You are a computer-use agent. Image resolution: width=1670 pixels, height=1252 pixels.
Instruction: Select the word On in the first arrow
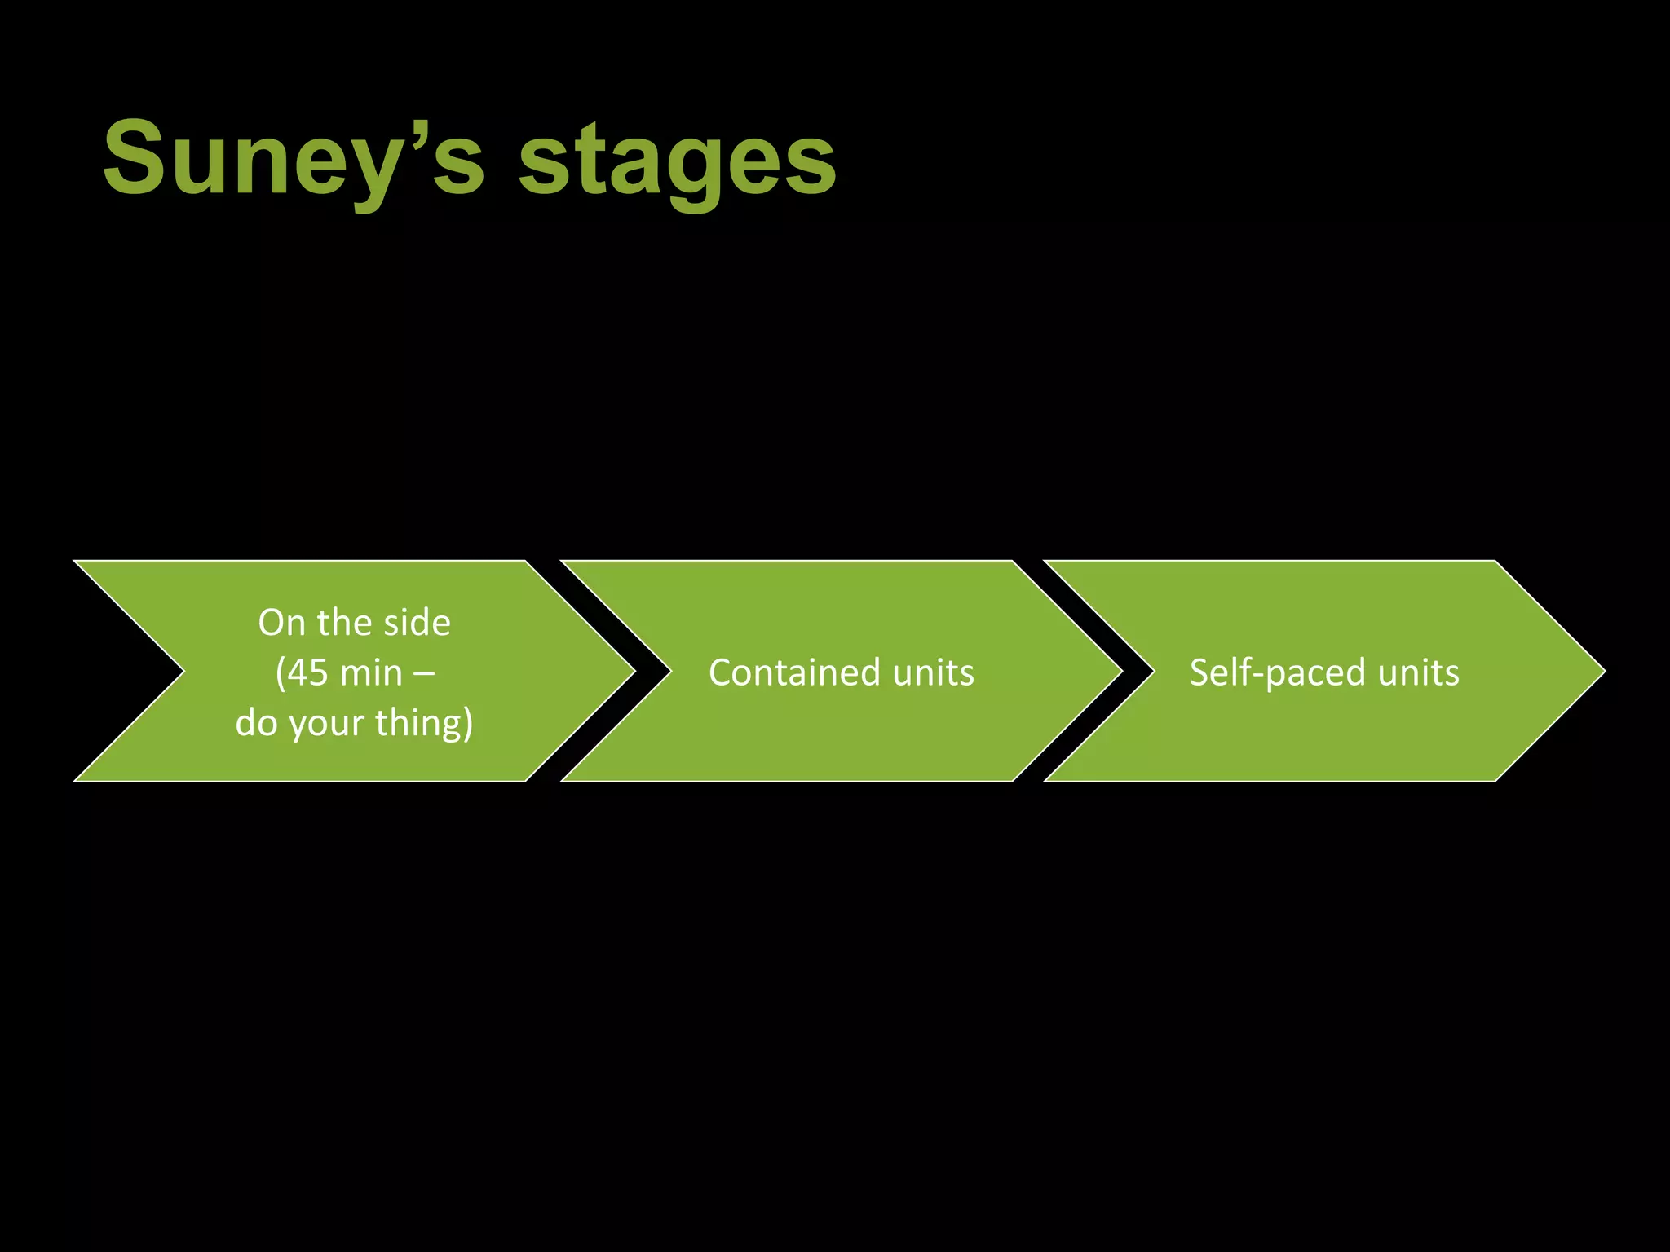point(281,624)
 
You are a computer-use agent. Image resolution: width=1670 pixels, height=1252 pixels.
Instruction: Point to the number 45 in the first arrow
point(307,673)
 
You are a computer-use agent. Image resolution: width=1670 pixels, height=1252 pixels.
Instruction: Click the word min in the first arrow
point(371,673)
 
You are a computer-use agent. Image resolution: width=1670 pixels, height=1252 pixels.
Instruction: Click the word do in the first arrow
point(256,723)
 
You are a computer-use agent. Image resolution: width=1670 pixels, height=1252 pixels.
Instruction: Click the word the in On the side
point(343,624)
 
